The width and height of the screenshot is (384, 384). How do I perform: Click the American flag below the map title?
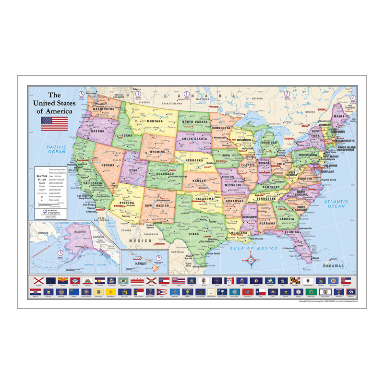pyautogui.click(x=54, y=123)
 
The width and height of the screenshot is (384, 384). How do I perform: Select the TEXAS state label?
pyautogui.click(x=192, y=234)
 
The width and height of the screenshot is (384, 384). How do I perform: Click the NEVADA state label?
pyautogui.click(x=108, y=165)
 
